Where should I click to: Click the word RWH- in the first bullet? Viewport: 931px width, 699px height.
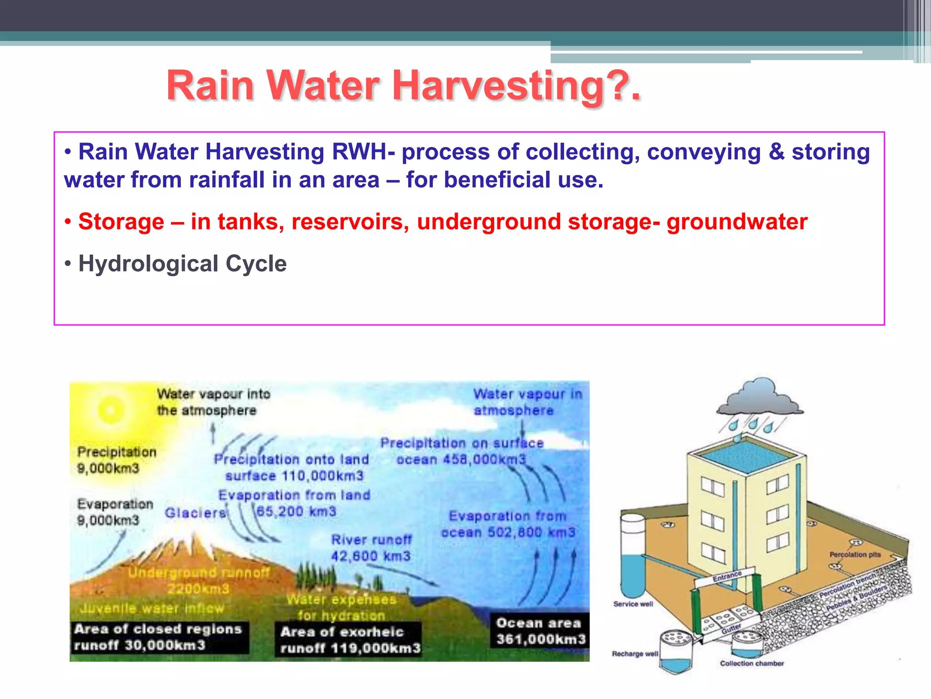(363, 152)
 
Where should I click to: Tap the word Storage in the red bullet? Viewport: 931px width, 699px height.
(121, 222)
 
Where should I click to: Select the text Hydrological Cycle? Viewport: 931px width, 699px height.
(182, 264)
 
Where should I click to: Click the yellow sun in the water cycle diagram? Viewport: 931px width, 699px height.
(110, 410)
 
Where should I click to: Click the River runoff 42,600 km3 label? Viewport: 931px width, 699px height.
(371, 548)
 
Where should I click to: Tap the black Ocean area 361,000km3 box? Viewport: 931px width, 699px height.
(540, 631)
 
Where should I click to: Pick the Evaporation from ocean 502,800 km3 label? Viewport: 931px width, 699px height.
(508, 524)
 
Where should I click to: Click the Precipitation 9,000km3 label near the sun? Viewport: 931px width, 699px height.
(116, 460)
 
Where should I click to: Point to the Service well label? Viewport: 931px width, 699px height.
(633, 604)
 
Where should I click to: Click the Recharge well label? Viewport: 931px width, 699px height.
(635, 654)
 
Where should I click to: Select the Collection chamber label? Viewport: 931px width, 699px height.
(751, 664)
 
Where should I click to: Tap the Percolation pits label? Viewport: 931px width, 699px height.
(855, 555)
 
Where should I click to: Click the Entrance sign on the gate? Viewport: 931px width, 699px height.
(727, 576)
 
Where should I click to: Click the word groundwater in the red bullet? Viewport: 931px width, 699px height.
(737, 222)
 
